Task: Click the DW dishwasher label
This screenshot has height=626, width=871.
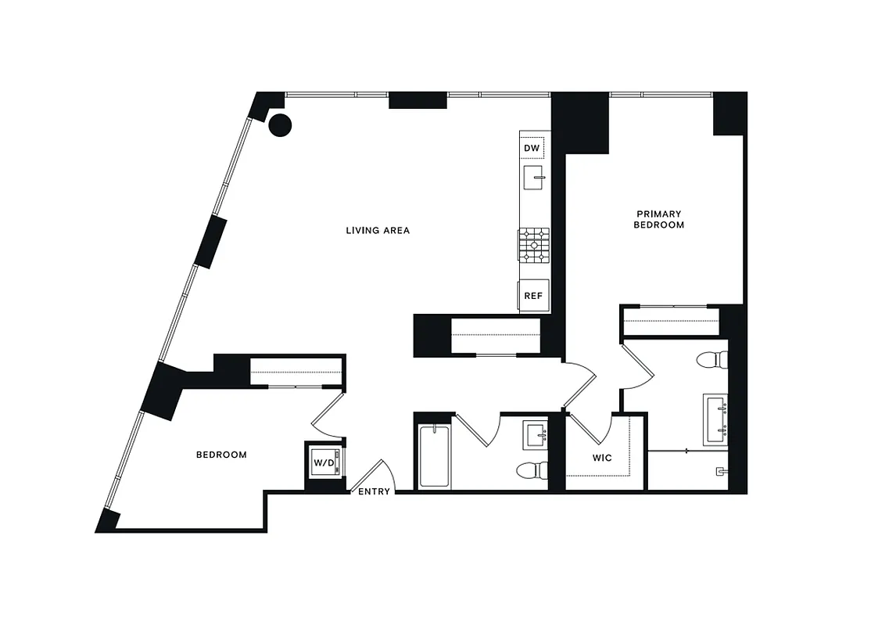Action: coord(532,148)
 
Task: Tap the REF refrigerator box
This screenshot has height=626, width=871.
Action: coord(533,296)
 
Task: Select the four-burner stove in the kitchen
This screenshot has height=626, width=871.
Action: coord(533,245)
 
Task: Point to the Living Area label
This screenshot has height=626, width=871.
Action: coord(378,231)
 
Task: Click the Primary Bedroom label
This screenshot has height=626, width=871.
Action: coord(659,219)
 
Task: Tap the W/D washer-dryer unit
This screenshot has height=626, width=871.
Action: coord(324,462)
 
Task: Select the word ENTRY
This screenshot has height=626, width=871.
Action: coord(374,491)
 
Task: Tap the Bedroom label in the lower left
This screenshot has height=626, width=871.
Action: coord(221,455)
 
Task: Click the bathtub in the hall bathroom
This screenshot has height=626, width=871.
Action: coord(435,456)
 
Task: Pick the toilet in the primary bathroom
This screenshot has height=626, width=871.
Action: coord(712,360)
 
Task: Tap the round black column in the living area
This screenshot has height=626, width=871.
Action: coord(280,124)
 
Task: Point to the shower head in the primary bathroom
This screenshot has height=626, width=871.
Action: coord(721,471)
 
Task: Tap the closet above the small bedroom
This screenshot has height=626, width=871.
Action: coord(296,371)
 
